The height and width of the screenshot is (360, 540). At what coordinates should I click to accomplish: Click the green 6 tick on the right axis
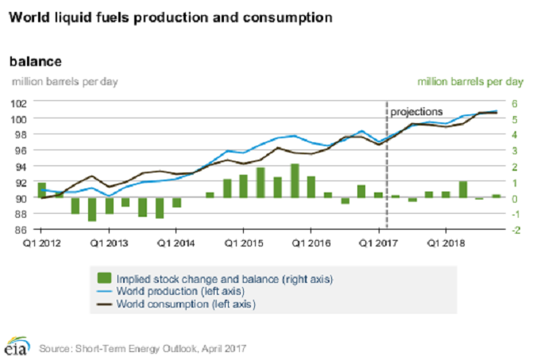coord(514,103)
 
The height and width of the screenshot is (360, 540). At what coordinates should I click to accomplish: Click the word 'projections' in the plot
coord(417,111)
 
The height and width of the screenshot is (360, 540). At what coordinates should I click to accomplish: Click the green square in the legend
coord(103,279)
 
